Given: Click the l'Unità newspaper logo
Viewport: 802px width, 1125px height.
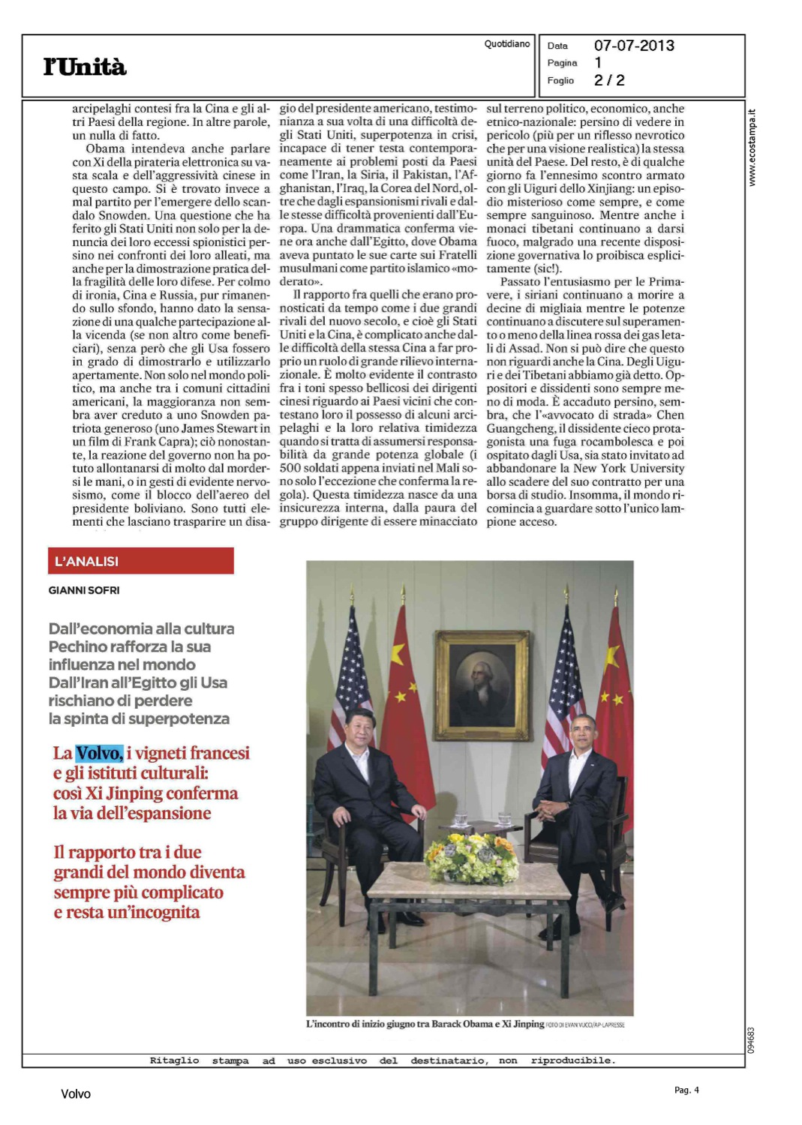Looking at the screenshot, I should [85, 67].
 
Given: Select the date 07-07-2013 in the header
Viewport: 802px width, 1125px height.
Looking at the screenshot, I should [634, 46].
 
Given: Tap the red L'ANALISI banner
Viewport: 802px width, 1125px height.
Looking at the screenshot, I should [141, 561].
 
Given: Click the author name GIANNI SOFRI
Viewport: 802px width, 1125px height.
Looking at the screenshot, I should [84, 590].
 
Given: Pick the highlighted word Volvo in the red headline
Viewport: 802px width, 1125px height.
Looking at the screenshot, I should [99, 753].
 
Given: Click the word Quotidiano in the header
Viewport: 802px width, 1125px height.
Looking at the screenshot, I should [507, 44].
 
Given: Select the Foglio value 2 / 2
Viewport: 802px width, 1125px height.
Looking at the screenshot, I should [609, 80].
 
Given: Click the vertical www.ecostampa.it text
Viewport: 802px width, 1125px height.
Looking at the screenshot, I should [752, 148].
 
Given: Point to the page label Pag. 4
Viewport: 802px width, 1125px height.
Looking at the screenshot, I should [686, 1090].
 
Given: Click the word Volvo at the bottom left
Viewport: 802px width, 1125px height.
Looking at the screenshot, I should [76, 1094].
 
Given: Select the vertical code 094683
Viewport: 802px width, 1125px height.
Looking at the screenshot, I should [752, 1039].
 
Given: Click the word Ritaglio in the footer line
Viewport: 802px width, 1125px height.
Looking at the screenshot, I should [174, 1060].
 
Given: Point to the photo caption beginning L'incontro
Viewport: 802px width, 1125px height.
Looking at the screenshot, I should [425, 1024].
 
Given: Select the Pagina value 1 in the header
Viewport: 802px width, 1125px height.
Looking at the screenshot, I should [598, 63].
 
